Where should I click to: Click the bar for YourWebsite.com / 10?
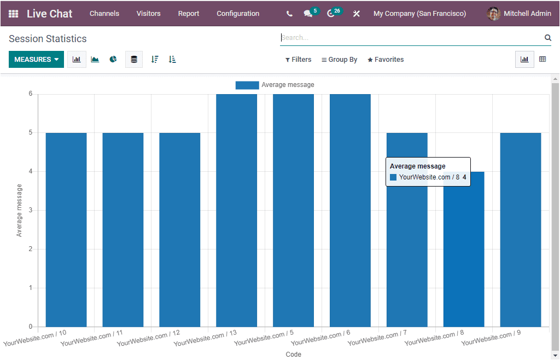click(x=66, y=230)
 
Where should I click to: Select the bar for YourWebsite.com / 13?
click(x=236, y=211)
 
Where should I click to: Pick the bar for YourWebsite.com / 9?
click(x=521, y=230)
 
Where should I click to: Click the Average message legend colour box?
click(x=247, y=85)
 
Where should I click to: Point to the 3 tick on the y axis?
click(x=30, y=210)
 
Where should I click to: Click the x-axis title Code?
click(x=293, y=355)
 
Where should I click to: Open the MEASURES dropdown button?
click(x=36, y=60)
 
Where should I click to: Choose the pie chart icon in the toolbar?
click(x=113, y=60)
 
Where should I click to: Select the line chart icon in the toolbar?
click(x=95, y=60)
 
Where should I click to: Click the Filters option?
click(x=298, y=60)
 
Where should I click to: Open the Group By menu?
click(x=339, y=60)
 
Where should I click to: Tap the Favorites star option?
click(x=386, y=60)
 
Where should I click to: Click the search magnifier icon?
click(x=547, y=38)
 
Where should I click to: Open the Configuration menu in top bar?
click(x=238, y=14)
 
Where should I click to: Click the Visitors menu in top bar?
click(x=149, y=14)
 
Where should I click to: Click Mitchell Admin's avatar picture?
click(x=493, y=14)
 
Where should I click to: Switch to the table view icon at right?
click(x=542, y=60)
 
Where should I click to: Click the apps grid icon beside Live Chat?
click(x=13, y=14)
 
